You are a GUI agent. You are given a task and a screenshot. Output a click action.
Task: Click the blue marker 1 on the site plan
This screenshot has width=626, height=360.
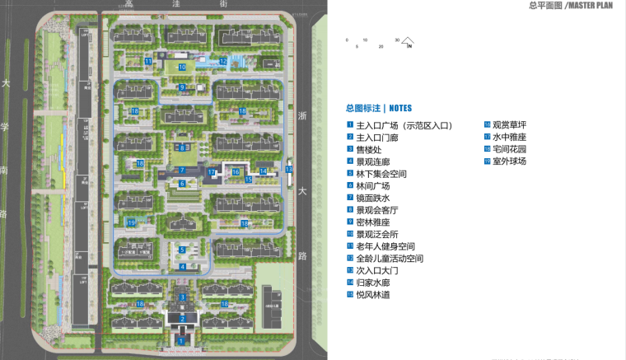click(x=180, y=339)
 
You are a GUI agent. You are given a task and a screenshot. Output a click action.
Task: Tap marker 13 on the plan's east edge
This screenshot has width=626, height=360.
click(x=288, y=169)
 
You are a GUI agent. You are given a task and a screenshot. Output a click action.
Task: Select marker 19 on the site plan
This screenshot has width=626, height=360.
click(x=131, y=222)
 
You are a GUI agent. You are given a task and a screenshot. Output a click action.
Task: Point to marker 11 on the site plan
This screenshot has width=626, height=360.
click(x=148, y=61)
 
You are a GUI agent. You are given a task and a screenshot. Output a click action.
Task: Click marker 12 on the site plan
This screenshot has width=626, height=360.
click(x=222, y=61)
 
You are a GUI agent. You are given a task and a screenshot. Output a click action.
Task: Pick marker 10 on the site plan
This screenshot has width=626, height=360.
click(x=182, y=67)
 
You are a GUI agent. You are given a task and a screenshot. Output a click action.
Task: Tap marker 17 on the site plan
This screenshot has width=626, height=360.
click(x=212, y=172)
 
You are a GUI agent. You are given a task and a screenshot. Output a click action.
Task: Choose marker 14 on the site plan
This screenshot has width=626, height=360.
click(x=263, y=171)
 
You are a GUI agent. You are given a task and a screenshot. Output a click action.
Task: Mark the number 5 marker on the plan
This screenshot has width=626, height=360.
click(x=182, y=250)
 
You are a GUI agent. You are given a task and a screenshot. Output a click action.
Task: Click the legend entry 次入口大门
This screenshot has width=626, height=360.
click(x=377, y=270)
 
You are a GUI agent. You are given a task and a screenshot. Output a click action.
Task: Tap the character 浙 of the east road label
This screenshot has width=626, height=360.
click(x=301, y=115)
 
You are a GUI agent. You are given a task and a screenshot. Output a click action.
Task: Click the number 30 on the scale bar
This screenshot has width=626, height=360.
click(x=397, y=40)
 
